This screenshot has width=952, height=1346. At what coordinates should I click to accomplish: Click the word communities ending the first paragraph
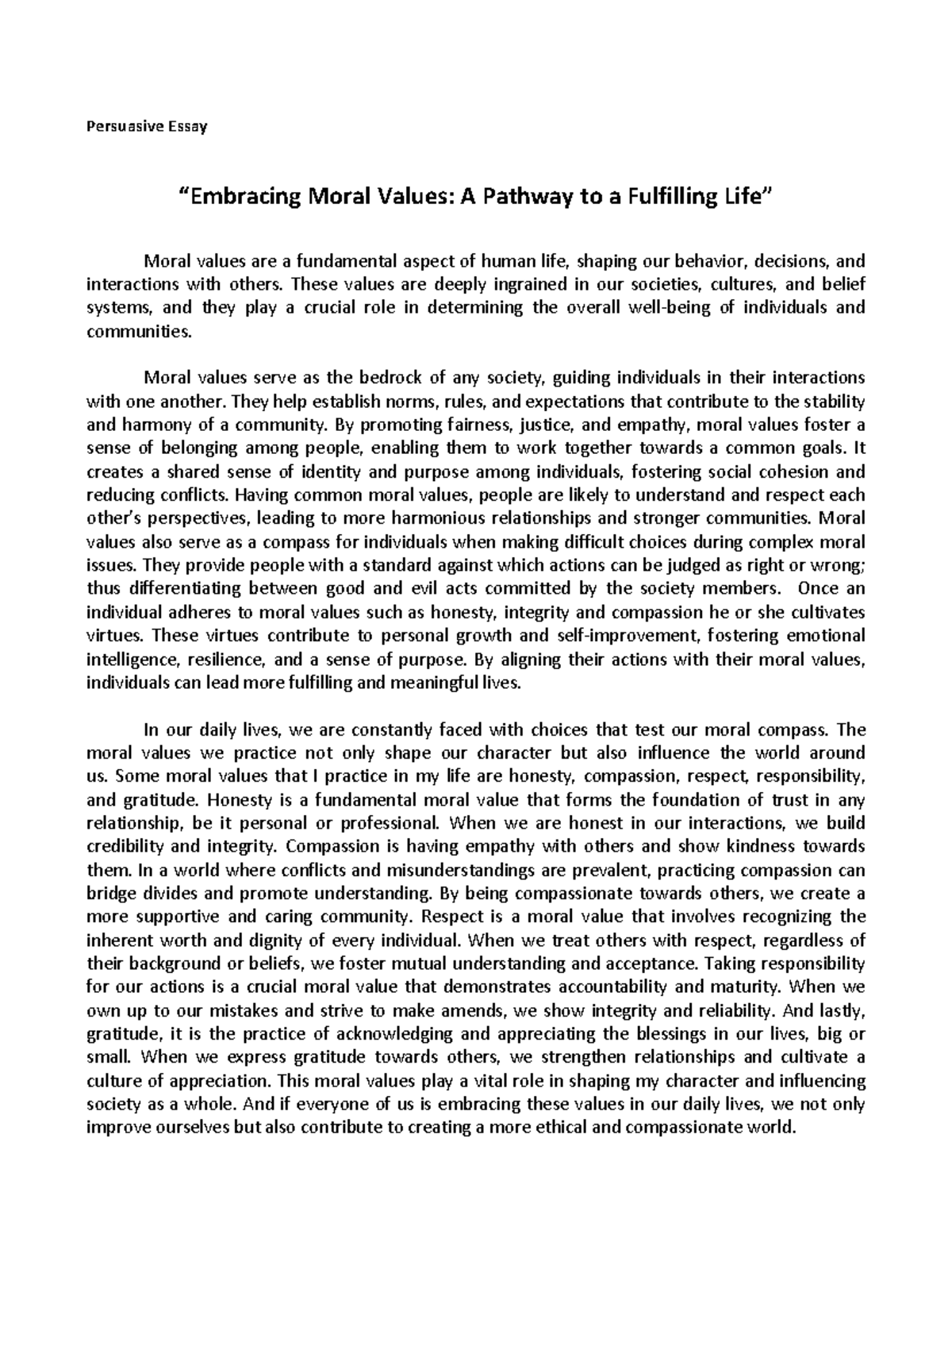[137, 332]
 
